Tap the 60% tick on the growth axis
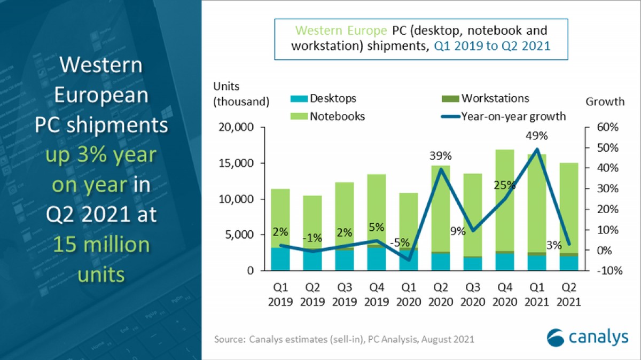pyautogui.click(x=607, y=128)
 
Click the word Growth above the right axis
pyautogui.click(x=605, y=101)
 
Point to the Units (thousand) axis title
pyautogui.click(x=241, y=93)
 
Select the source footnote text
pyautogui.click(x=345, y=339)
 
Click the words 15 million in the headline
pyautogui.click(x=101, y=245)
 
